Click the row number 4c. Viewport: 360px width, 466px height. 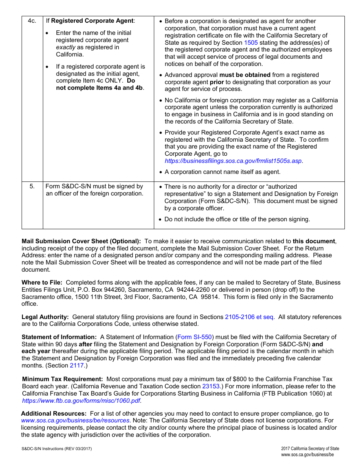[32, 21]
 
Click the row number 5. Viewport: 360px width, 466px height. [32, 186]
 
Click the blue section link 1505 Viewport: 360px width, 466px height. [251, 43]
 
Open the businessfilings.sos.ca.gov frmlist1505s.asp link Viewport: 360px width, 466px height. [233, 161]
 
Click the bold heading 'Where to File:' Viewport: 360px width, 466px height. [42, 283]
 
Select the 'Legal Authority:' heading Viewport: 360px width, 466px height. [45, 317]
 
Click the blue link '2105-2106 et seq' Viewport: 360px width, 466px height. [249, 317]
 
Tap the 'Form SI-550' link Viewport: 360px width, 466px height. [195, 337]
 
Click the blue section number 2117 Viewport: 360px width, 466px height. [77, 366]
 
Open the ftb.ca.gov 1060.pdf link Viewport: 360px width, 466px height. [81, 401]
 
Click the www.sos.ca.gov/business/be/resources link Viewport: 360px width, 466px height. [75, 421]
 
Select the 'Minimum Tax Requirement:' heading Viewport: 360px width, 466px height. [63, 379]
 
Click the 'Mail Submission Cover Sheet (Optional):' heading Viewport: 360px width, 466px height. [81, 241]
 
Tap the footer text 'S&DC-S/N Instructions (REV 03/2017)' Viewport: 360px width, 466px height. [56, 449]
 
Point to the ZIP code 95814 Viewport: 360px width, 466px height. [210, 297]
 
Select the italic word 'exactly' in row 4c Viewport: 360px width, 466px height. [66, 47]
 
